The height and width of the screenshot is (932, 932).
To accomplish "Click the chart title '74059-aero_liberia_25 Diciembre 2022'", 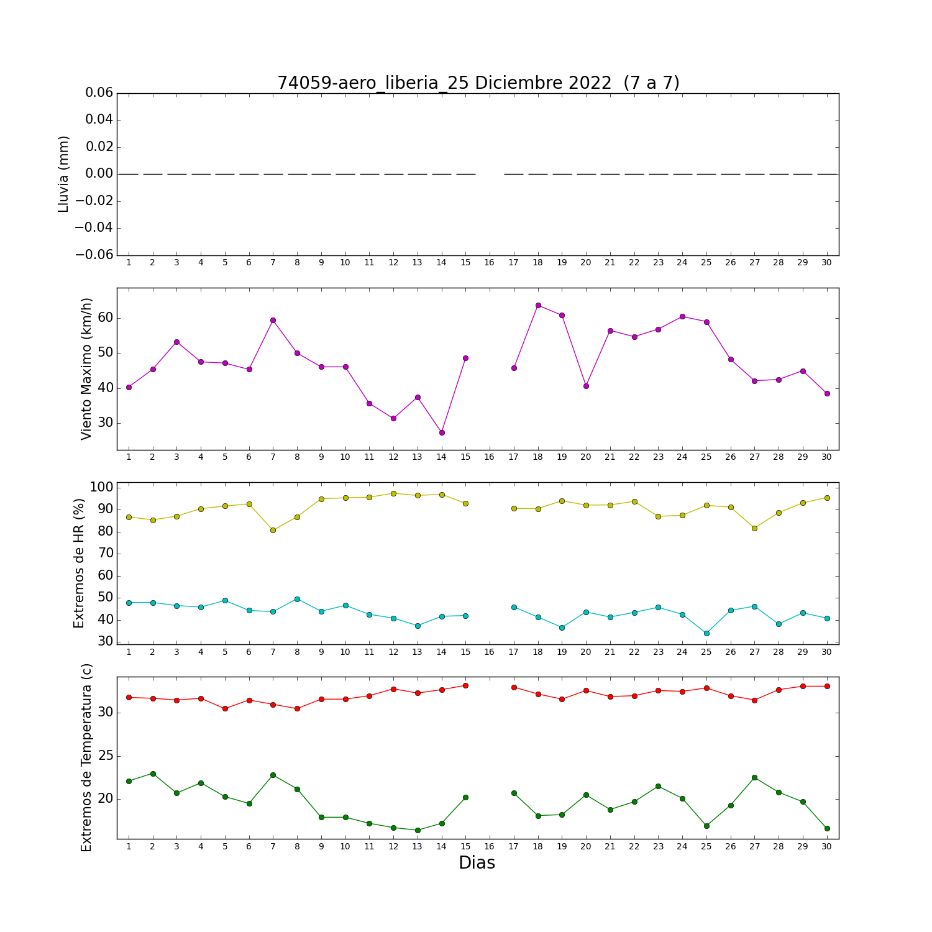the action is point(444,83).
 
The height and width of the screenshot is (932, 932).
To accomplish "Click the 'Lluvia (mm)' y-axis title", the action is point(63,174).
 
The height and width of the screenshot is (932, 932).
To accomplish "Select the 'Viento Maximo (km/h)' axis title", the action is point(86,369).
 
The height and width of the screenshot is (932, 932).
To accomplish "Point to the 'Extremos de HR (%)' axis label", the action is point(79,563).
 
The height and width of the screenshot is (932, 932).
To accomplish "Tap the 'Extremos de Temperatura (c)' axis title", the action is point(86,757).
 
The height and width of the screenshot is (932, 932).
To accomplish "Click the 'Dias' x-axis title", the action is point(477,863).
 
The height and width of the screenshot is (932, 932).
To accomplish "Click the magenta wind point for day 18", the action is point(538,305).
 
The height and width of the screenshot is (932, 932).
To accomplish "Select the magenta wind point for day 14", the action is point(442,432).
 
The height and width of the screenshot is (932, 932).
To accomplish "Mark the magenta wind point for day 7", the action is point(273,320).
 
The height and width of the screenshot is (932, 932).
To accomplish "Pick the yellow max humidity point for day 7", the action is point(273,530).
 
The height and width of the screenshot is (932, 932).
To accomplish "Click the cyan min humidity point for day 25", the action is point(706,633).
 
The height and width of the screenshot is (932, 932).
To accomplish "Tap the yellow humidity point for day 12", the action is point(393,493).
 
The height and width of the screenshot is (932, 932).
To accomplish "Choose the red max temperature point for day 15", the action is point(465,685).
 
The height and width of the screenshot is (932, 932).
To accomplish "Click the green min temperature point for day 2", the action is point(153,774).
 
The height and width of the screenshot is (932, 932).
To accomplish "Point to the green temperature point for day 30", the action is point(827,828).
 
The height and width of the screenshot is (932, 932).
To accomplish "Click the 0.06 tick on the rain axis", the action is point(99,93).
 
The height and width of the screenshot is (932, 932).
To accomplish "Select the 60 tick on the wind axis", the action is point(105,318).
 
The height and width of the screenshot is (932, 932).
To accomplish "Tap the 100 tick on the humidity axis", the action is point(101,487).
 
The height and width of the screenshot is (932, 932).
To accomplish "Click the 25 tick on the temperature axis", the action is point(105,756).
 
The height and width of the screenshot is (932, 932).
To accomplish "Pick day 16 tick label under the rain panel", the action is point(490,263).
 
